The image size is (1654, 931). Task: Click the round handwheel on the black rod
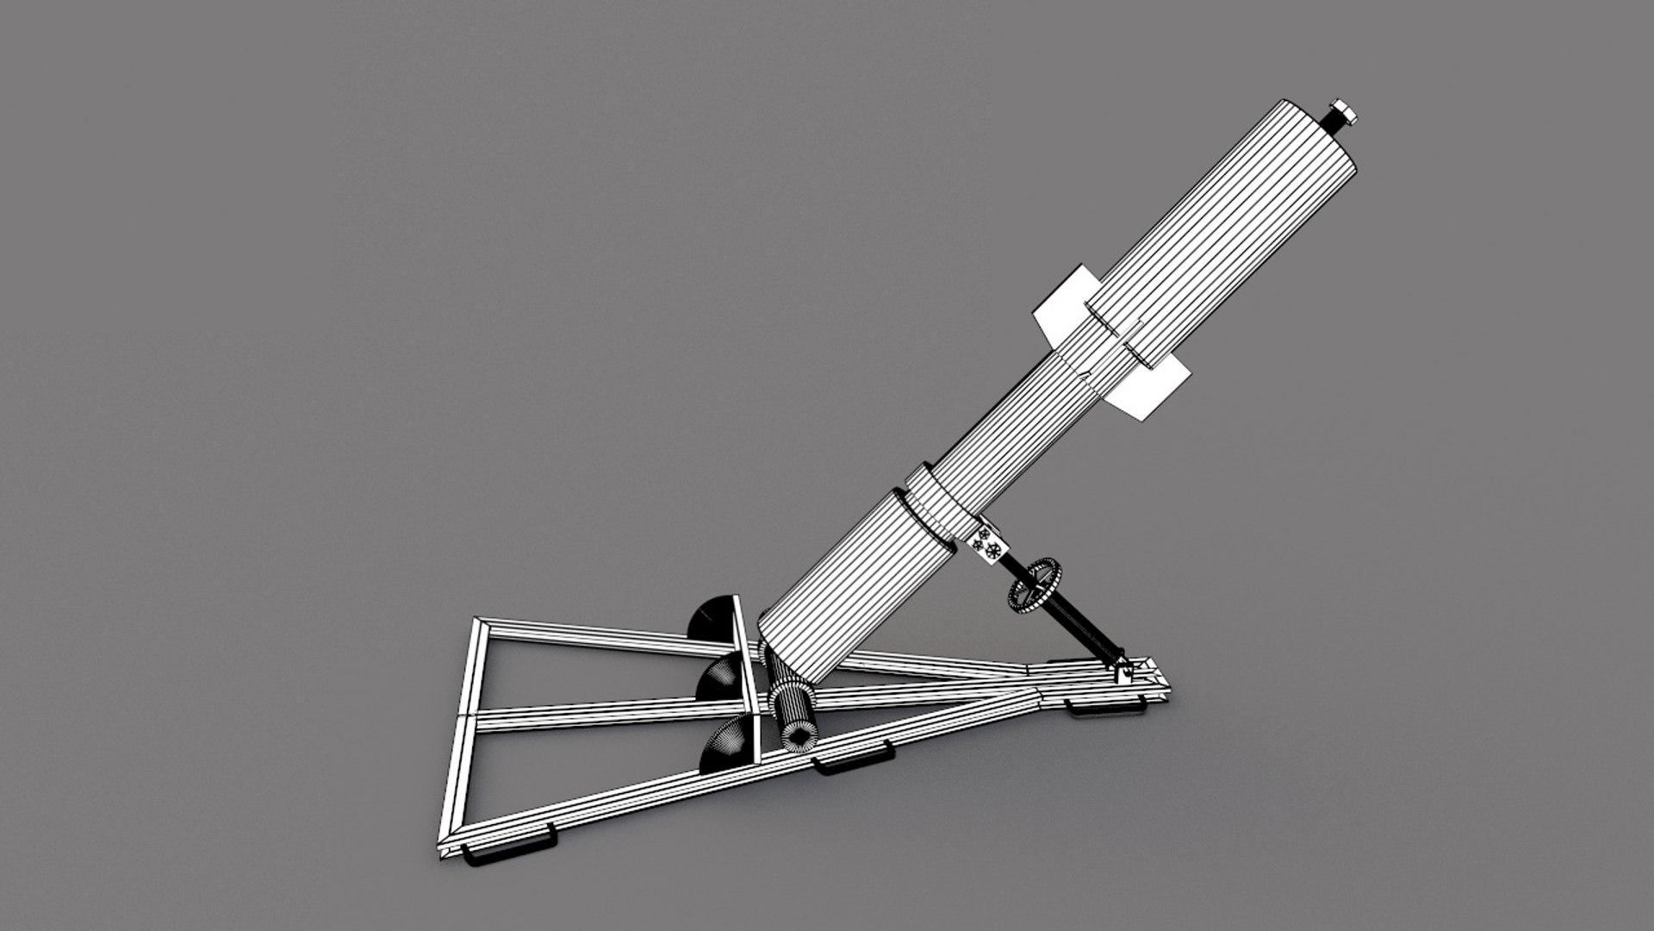point(1035,585)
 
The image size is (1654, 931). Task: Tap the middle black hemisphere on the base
point(718,677)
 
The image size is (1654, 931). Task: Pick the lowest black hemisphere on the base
point(725,747)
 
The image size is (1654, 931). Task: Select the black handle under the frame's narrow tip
point(1106,709)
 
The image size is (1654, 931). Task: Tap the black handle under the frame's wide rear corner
point(508,853)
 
